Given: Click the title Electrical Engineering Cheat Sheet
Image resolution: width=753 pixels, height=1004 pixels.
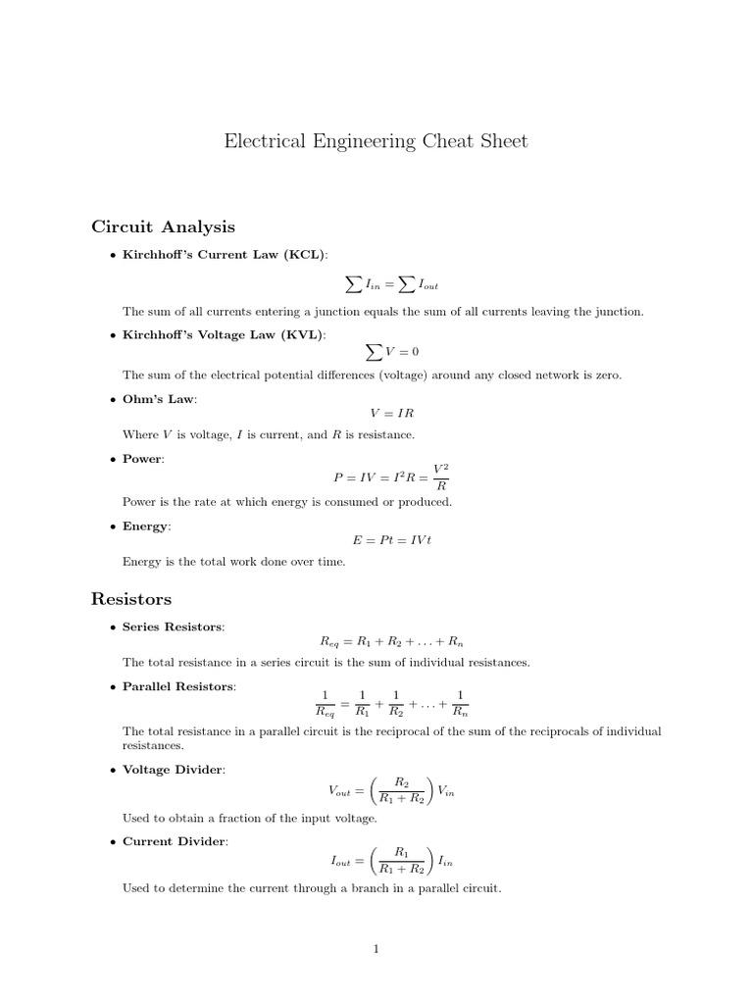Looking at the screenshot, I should click(x=376, y=141).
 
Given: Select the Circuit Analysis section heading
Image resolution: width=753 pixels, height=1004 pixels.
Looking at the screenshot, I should click(x=163, y=227).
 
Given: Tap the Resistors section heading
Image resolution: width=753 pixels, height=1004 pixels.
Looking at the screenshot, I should click(x=131, y=598).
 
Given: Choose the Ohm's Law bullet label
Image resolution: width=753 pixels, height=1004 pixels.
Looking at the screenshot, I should click(x=159, y=399).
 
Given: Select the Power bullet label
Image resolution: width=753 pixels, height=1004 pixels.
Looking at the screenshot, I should click(x=143, y=459).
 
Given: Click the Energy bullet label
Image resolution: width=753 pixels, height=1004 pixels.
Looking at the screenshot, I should click(x=146, y=527).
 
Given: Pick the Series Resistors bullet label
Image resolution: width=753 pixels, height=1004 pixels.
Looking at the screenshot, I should click(x=173, y=627).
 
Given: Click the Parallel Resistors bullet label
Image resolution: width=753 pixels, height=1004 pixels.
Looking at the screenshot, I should click(x=178, y=686).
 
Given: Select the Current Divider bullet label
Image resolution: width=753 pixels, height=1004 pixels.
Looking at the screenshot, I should click(x=174, y=841).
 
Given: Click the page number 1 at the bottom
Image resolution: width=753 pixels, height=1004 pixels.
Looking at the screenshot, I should click(x=376, y=948).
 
